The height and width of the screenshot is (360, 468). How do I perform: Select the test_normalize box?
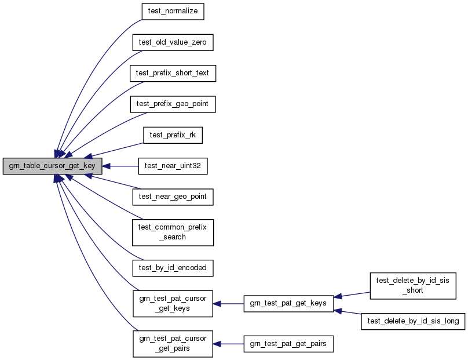173,12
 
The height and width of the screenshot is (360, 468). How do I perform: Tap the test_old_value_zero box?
173,42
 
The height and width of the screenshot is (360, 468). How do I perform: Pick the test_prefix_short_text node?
173,73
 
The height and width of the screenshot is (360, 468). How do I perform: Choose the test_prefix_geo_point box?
173,104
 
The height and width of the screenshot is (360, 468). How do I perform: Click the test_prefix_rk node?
173,135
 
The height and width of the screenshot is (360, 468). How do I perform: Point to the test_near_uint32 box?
173,166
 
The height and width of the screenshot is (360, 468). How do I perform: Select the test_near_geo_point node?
173,197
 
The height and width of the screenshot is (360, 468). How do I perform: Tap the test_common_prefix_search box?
173,232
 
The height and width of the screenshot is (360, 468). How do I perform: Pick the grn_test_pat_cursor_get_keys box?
173,303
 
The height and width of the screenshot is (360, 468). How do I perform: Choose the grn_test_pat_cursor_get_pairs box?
173,344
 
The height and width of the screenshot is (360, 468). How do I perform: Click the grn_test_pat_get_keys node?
288,303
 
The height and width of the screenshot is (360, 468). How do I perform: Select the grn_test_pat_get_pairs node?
288,344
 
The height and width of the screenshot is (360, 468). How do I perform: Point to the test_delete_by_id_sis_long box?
413,321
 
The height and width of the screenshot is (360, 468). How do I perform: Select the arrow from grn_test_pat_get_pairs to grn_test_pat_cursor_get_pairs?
228,344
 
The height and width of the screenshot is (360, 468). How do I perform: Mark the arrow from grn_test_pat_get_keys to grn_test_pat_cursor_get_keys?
228,303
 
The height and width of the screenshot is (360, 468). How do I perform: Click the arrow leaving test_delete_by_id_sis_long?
350,313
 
